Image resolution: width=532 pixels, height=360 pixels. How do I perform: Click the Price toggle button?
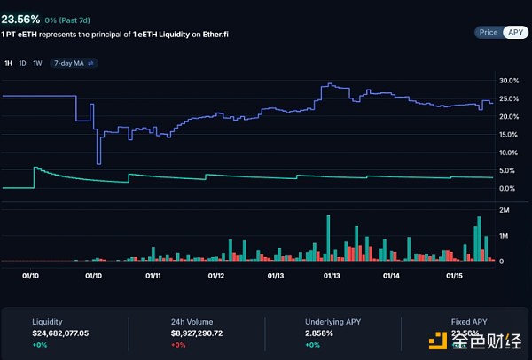489,32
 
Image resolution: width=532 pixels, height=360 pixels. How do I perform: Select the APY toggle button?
515,32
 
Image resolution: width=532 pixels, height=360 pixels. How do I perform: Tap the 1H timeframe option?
9,63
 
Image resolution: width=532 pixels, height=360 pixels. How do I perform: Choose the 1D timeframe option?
23,63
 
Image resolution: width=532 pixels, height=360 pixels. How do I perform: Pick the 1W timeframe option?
37,63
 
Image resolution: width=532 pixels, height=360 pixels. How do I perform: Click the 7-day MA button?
74,63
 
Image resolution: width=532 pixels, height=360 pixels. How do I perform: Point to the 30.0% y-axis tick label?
508,81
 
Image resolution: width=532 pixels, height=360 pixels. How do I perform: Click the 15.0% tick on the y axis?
508,134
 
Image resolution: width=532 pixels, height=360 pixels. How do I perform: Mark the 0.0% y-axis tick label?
508,188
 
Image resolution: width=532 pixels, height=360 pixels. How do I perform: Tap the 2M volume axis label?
504,210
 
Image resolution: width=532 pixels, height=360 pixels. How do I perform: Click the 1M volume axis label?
504,236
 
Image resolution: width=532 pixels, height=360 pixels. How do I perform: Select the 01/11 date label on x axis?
153,276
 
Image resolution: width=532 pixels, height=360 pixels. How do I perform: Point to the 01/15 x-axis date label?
454,276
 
